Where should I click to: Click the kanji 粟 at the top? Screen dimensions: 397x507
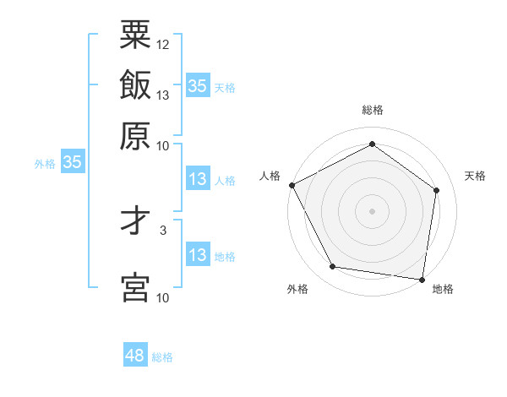(x=135, y=35)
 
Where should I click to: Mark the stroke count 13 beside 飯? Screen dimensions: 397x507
(x=163, y=95)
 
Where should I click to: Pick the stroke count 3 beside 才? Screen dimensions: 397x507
(x=163, y=229)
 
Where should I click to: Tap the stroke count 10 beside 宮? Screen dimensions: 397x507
(x=163, y=297)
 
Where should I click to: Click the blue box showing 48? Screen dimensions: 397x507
(x=135, y=356)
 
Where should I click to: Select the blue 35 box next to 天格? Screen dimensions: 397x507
(x=198, y=85)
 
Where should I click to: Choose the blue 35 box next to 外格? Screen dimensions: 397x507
(x=72, y=163)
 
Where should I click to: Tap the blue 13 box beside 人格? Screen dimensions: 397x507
(x=198, y=180)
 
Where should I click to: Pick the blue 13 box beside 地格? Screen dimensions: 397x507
(x=198, y=256)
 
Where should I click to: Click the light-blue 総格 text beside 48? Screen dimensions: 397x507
(x=162, y=357)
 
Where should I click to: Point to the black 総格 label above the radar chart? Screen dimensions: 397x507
(x=372, y=111)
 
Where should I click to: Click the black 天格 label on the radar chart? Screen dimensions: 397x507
(x=475, y=176)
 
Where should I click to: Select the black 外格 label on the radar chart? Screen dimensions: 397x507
(x=297, y=289)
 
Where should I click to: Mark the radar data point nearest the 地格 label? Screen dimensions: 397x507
(x=422, y=279)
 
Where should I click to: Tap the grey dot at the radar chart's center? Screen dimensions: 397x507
(x=372, y=210)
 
